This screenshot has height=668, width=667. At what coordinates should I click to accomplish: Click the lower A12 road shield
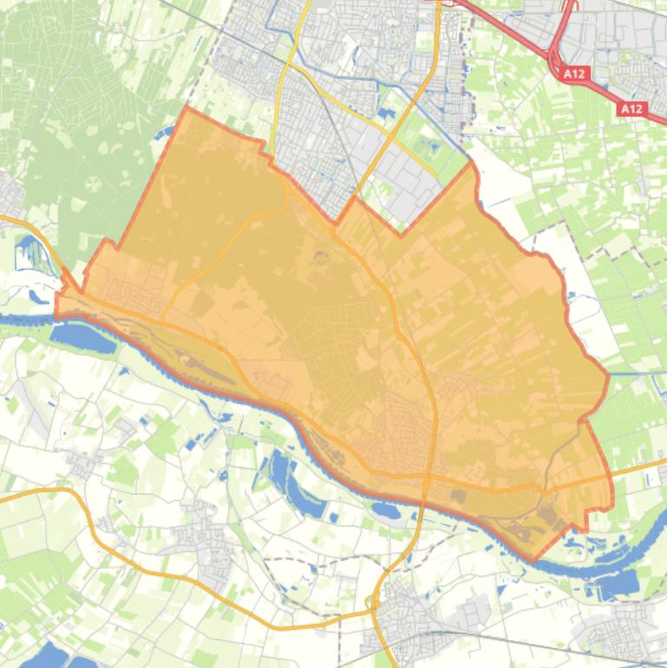[x=631, y=108]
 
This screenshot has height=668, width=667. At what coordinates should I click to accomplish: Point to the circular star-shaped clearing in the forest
[x=93, y=184]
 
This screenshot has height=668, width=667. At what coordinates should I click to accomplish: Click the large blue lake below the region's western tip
[x=83, y=337]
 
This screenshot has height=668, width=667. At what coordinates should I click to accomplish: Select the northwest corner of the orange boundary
[x=186, y=109]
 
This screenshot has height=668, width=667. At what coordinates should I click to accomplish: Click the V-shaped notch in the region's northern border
[x=400, y=233]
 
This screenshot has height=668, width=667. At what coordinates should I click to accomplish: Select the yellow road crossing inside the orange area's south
[x=429, y=476]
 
